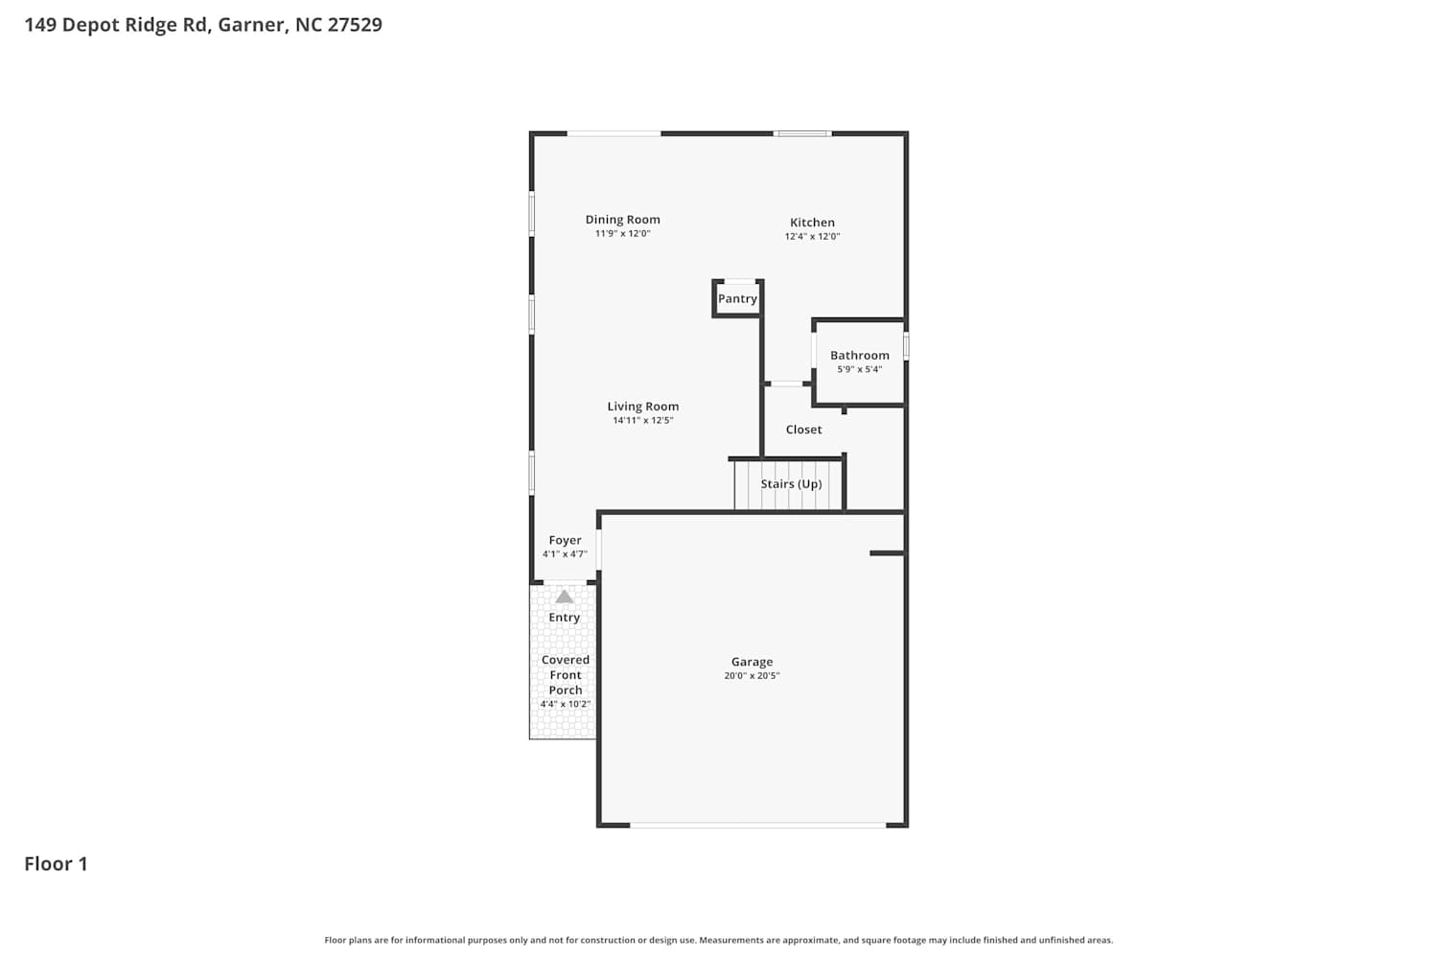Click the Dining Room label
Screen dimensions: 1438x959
click(x=622, y=220)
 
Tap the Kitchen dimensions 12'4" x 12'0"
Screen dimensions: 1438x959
click(x=812, y=236)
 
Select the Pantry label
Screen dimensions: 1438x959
click(x=737, y=298)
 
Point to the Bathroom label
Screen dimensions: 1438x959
click(x=860, y=355)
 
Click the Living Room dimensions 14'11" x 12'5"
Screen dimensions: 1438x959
click(x=642, y=421)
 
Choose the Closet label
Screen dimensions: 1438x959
click(x=803, y=430)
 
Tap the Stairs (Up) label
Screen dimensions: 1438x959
click(x=791, y=484)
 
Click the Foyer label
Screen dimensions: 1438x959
click(x=565, y=541)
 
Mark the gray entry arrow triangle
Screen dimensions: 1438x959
click(x=565, y=596)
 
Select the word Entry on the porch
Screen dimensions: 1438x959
click(x=565, y=618)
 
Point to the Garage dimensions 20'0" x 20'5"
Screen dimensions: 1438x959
click(x=752, y=676)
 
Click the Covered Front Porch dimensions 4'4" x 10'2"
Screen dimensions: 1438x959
click(x=565, y=705)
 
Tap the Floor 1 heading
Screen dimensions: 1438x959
click(x=56, y=864)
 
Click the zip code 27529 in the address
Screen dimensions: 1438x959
click(x=355, y=24)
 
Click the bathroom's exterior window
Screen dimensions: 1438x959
click(x=906, y=345)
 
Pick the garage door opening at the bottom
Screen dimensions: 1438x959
click(x=757, y=825)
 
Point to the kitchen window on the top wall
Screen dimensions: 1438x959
click(x=801, y=133)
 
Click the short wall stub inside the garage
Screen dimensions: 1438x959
click(x=887, y=553)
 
